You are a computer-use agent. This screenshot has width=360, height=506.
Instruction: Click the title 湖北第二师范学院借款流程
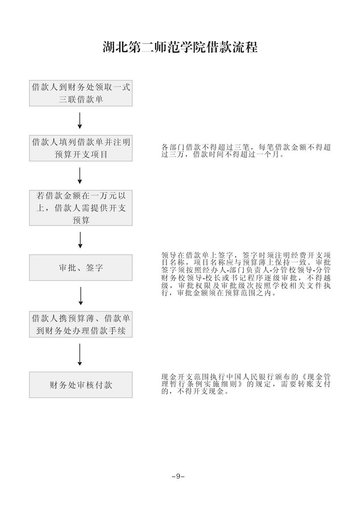180,47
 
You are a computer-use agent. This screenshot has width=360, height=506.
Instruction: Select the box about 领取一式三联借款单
80,93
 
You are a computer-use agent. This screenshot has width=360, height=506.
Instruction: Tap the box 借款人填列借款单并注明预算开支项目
80,148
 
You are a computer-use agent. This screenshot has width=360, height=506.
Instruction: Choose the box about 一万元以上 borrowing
80,208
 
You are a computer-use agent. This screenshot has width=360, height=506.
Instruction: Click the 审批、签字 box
80,267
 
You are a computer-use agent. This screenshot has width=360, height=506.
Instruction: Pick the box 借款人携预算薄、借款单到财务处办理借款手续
80,324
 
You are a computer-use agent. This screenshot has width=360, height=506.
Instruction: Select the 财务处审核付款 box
80,385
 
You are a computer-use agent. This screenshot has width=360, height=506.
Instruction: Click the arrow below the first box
80,121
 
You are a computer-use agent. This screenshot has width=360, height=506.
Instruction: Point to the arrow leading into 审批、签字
80,240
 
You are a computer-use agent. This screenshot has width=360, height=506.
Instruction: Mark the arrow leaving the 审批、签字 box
80,296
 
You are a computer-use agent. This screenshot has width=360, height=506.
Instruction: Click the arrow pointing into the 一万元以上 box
80,176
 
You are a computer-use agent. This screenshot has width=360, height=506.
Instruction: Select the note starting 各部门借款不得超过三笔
246,151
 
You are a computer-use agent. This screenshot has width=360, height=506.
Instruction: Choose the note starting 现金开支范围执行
246,384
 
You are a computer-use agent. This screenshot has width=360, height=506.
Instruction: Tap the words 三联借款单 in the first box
80,100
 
